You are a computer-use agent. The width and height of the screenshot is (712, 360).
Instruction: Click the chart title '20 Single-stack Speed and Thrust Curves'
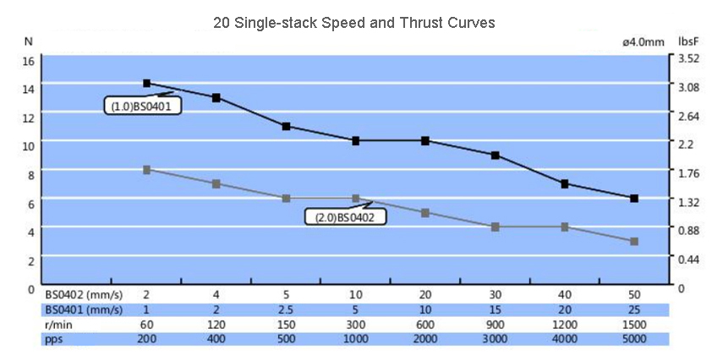point(354,23)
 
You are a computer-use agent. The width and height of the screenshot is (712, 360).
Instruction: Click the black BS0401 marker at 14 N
point(146,84)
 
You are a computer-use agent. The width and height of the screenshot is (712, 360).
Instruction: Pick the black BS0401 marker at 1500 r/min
point(634,198)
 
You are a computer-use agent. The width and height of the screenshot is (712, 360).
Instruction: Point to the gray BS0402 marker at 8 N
point(146,170)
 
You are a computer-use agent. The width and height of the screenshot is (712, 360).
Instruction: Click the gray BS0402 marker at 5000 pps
point(634,241)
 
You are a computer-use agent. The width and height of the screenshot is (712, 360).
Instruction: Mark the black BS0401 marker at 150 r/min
point(286,127)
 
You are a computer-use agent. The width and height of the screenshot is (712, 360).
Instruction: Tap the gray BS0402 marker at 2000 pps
point(425,213)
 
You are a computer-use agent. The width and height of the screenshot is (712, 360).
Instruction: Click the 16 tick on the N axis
point(28,61)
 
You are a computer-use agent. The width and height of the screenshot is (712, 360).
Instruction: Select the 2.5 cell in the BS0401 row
point(286,309)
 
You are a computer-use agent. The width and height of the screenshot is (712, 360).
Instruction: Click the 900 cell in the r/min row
point(495,325)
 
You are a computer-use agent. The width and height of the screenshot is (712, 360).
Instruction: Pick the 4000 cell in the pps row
point(564,339)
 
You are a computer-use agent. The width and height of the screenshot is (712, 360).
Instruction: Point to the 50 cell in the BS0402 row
point(634,294)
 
